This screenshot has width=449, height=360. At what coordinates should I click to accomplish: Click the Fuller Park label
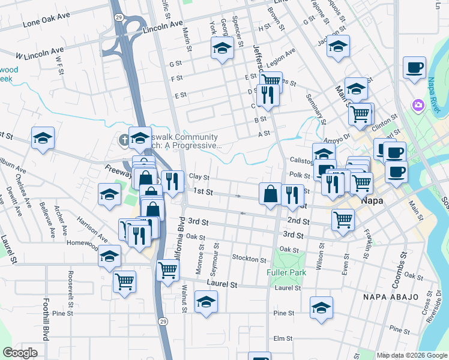[x=286, y=272]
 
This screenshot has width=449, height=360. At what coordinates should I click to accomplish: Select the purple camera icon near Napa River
[x=418, y=106]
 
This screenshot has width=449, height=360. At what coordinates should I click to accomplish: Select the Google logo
[x=20, y=353]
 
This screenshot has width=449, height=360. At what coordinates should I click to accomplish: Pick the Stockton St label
[x=249, y=259]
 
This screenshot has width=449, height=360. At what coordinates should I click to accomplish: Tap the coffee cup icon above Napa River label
[x=414, y=67]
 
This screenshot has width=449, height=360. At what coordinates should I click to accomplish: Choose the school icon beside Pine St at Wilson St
[x=321, y=307]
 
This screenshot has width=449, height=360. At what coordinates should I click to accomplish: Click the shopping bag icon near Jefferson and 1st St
[x=270, y=193]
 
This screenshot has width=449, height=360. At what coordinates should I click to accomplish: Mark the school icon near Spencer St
[x=222, y=48]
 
